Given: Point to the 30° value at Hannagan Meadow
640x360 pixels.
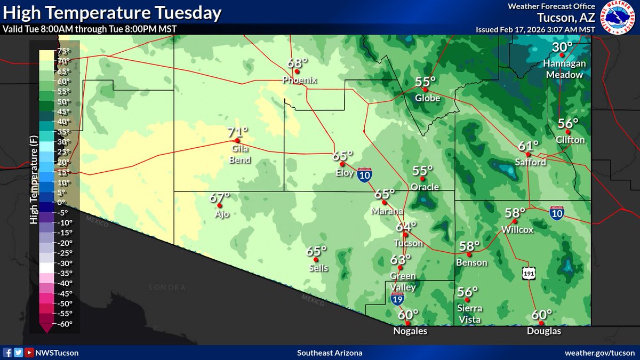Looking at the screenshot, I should tap(562, 48).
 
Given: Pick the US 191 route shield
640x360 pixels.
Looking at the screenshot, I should tap(528, 273).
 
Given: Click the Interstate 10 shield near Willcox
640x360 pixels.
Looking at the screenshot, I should tap(556, 213).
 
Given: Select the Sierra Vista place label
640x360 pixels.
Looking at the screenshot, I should tap(469, 314).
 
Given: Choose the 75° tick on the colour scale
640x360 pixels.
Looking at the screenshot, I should tap(65, 52).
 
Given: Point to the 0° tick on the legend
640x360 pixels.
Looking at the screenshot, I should tap(62, 202).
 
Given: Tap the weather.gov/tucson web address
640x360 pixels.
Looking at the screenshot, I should tap(600, 353).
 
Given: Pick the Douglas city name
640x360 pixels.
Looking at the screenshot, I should tap(541, 331).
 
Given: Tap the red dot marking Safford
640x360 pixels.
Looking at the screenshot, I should tap(527, 154).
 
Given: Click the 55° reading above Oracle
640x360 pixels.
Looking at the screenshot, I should tap(423, 171).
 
